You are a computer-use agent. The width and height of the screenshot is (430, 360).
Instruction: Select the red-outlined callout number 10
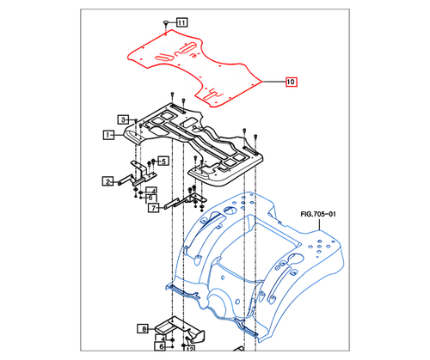[291, 82]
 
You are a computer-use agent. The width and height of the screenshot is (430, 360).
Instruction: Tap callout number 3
[124, 119]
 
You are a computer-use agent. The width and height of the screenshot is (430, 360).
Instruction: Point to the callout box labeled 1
[109, 135]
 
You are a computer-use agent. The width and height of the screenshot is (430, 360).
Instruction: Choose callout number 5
[163, 161]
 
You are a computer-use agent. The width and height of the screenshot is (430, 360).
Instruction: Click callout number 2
[109, 181]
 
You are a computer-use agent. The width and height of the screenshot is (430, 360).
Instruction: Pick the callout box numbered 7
[152, 208]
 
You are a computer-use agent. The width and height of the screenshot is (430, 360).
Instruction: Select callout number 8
[144, 327]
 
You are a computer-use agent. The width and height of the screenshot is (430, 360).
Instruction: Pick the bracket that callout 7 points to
[185, 202]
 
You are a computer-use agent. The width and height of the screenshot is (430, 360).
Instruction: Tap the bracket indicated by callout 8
[181, 330]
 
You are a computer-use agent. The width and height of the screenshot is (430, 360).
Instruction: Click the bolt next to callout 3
[138, 120]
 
